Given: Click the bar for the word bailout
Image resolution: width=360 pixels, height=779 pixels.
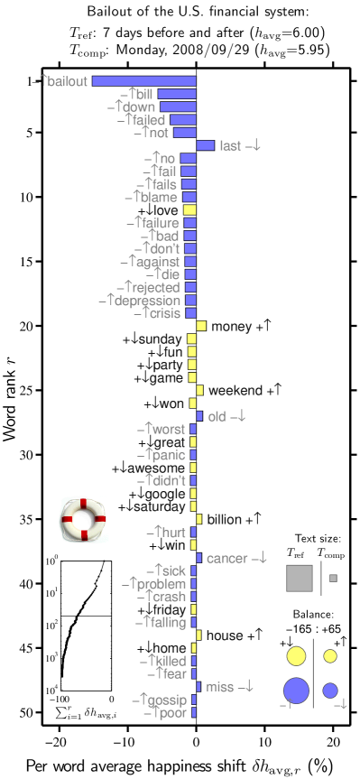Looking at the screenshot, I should click(x=143, y=81).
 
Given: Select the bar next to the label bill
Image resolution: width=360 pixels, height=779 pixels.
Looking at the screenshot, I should click(x=177, y=94).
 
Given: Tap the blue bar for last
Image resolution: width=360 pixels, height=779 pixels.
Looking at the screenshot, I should click(x=206, y=145).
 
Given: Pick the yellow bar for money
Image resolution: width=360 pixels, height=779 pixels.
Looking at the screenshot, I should click(x=202, y=326).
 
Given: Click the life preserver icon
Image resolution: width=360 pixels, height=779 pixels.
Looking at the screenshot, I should click(x=83, y=520).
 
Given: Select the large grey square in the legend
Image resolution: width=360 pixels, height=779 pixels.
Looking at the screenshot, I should click(x=299, y=578).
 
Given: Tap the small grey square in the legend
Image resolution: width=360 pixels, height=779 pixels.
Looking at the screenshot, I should click(x=333, y=578).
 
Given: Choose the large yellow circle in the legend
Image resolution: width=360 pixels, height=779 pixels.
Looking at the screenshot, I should click(x=296, y=656).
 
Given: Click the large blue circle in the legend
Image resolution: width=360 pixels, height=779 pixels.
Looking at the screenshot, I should click(x=296, y=691).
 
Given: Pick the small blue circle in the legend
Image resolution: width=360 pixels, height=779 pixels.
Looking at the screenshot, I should click(x=330, y=691).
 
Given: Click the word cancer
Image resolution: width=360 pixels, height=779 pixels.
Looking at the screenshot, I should click(x=226, y=559).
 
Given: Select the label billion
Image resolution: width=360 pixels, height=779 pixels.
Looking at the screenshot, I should click(x=224, y=519).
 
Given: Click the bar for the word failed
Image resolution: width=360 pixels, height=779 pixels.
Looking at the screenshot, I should click(x=182, y=119).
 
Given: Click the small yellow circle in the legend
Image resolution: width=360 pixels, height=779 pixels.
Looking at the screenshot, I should click(x=330, y=656).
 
